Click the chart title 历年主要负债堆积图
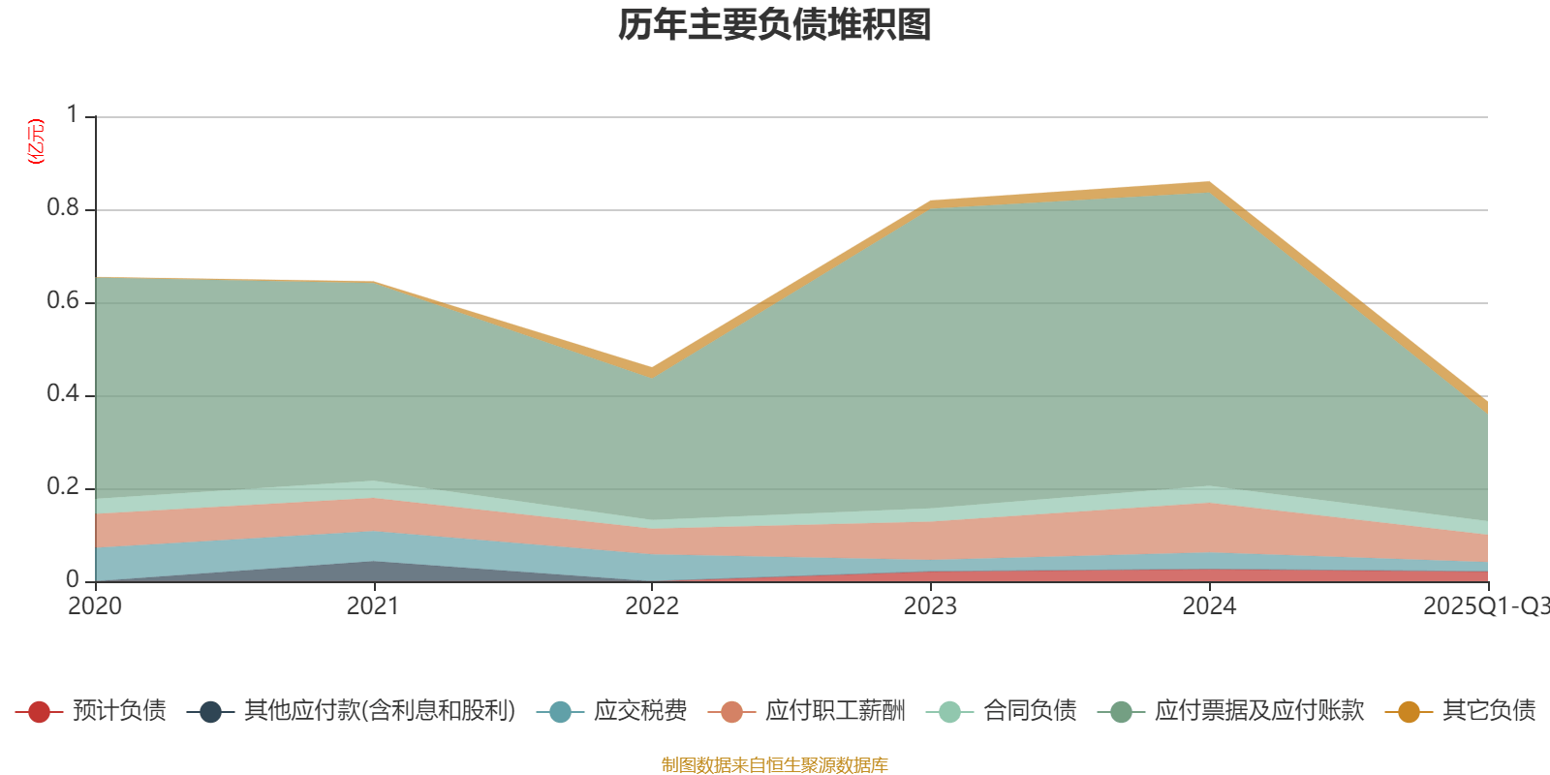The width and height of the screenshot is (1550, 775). tap(775, 25)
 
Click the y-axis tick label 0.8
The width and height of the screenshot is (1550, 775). tap(63, 208)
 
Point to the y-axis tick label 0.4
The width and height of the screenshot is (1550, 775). tap(63, 394)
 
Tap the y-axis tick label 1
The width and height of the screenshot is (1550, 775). tap(73, 115)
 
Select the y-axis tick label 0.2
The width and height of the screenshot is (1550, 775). tap(63, 487)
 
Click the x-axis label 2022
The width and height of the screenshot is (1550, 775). tap(651, 606)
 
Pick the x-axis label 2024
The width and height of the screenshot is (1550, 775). tap(1209, 606)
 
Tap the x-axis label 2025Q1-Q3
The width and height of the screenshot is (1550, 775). tap(1485, 606)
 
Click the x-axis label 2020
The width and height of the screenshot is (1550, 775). tap(95, 606)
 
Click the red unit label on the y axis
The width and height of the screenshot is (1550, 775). tap(35, 141)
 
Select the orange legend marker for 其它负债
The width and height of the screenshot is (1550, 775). tap(1409, 712)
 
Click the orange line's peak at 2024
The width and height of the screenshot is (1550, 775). tap(1208, 185)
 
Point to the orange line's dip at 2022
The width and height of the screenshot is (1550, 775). tap(651, 371)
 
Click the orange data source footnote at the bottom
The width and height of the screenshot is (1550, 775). tap(775, 765)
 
